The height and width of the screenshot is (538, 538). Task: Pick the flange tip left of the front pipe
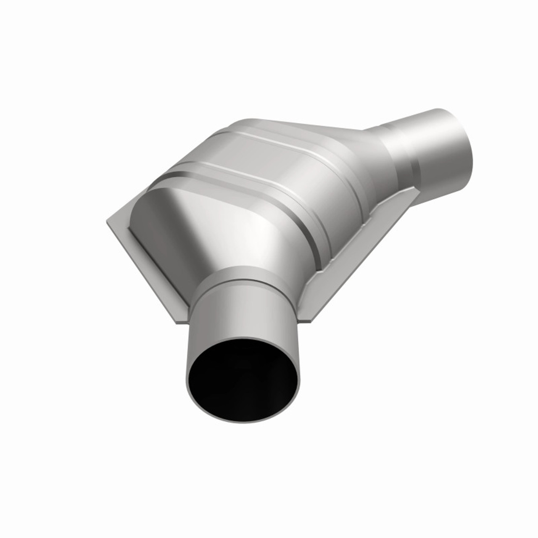pos(179,319)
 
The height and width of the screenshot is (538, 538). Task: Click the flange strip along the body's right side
pos(357,244)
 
